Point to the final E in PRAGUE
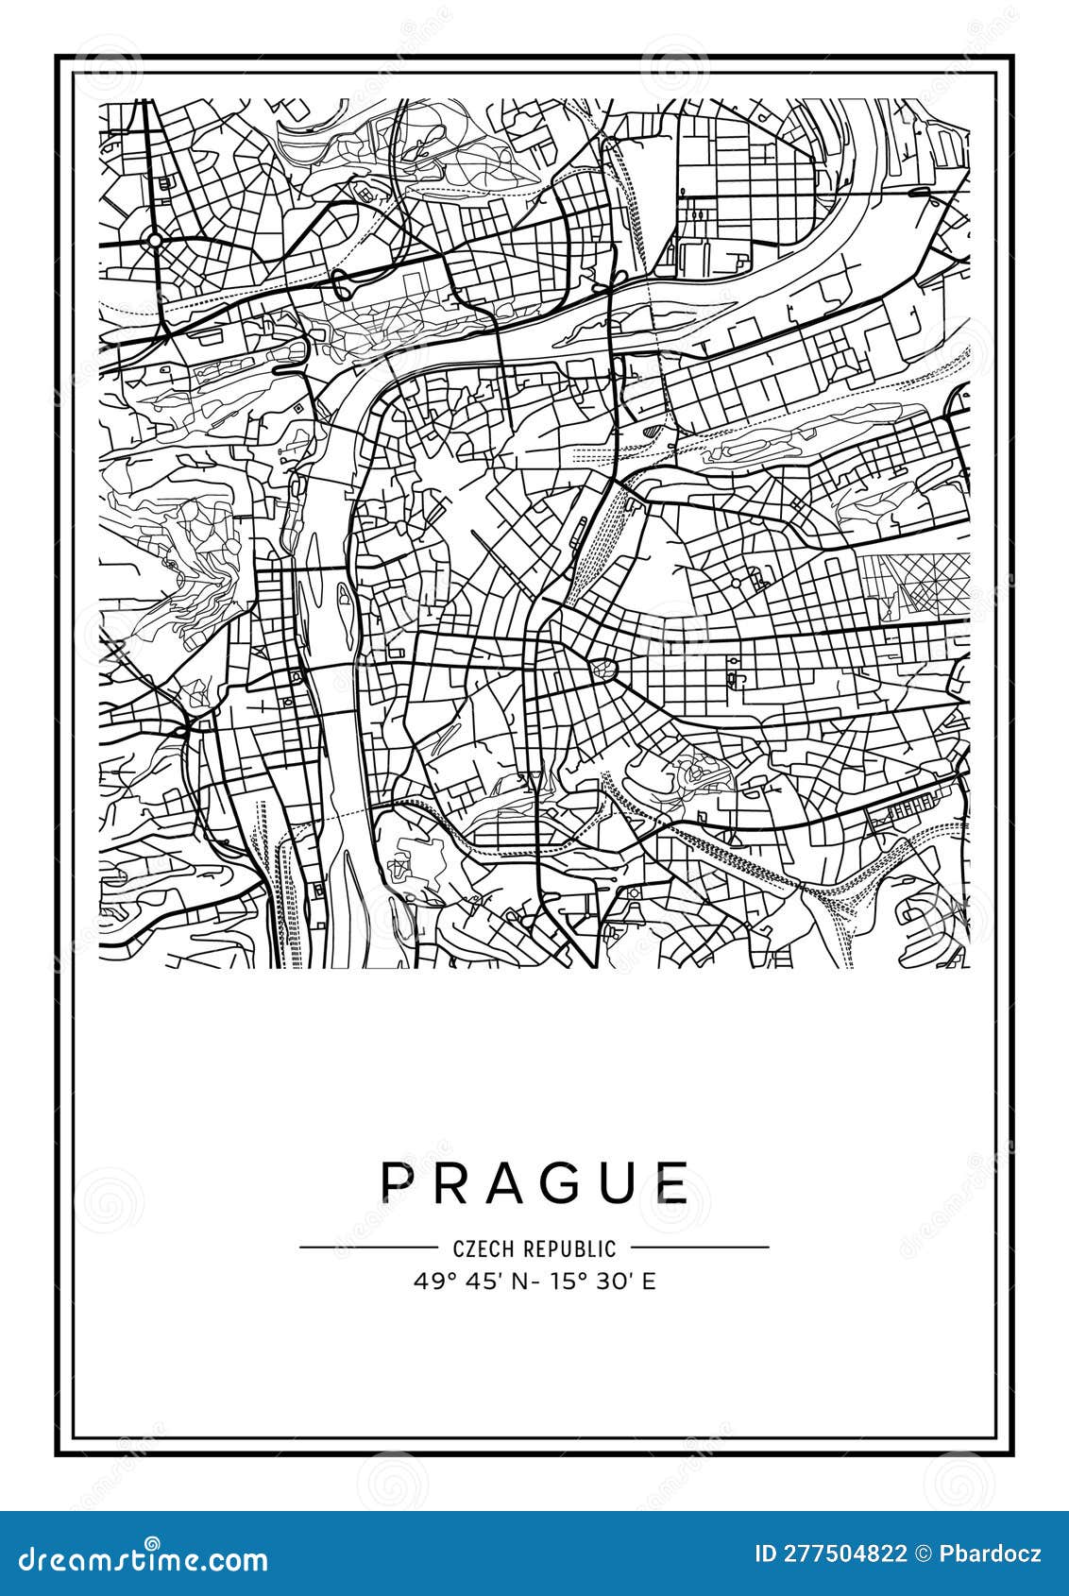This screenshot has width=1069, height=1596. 673,1181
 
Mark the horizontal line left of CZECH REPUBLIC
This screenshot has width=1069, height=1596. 368,1247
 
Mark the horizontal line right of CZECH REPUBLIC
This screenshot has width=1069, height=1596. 699,1247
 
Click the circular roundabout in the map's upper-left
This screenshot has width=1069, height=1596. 155,241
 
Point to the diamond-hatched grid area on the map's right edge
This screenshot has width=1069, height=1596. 914,583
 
